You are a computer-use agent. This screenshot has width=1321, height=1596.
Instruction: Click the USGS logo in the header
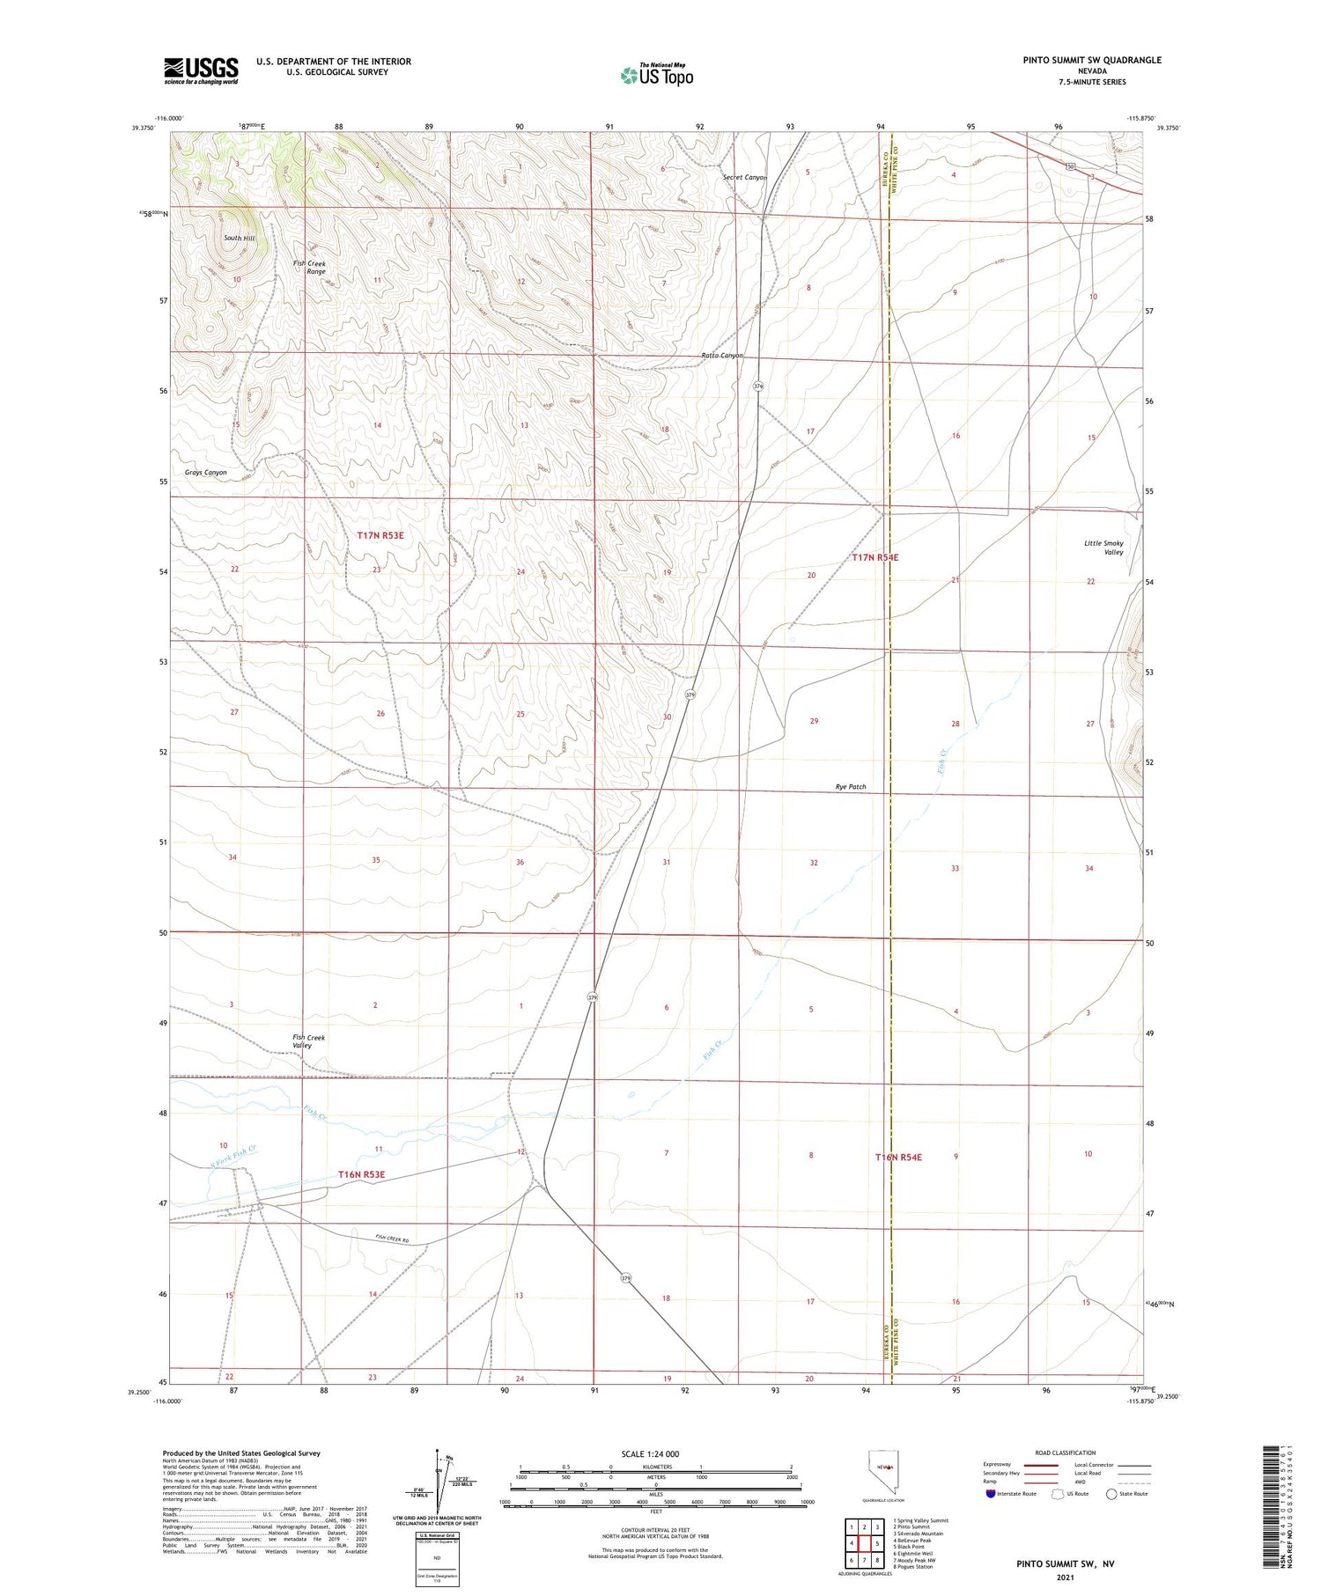point(201,70)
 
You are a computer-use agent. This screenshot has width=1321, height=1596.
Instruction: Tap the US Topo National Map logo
point(657,75)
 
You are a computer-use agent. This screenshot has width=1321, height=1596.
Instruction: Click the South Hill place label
point(239,239)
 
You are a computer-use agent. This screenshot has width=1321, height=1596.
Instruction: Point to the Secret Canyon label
point(744,178)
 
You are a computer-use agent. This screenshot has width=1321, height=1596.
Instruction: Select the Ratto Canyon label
point(722,356)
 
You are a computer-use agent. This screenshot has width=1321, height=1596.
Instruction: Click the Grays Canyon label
point(205,473)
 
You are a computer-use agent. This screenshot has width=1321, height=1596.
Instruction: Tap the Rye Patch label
point(850,787)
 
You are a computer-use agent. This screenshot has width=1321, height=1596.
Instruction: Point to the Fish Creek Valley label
point(308,1041)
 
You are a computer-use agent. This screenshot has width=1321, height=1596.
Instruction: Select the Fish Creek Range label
point(309,268)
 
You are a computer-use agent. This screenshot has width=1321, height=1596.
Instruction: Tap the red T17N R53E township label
point(380,535)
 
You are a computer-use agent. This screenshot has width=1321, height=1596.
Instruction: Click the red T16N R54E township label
point(898,1157)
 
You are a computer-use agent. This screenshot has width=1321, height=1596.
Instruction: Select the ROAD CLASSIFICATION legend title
point(1066,1453)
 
